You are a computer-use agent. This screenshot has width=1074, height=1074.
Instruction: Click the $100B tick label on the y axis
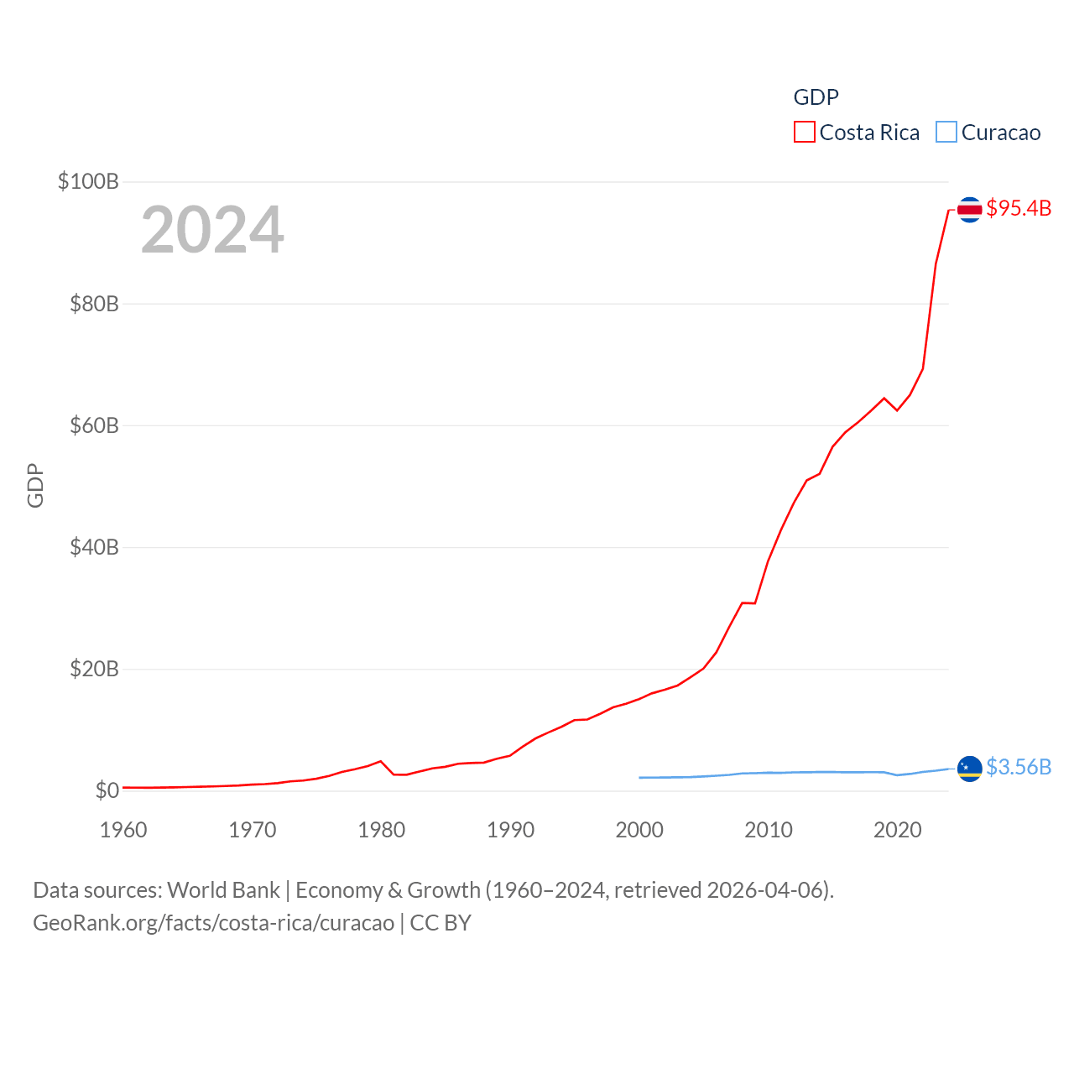[x=88, y=181]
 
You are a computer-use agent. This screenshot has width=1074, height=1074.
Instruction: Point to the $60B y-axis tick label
[x=94, y=425]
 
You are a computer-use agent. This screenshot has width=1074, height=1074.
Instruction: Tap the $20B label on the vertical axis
[x=94, y=669]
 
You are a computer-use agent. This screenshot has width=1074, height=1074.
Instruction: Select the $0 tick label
[x=107, y=790]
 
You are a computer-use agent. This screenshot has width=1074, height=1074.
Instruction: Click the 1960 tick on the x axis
[x=123, y=830]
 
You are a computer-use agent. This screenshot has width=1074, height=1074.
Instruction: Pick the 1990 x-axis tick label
[x=510, y=830]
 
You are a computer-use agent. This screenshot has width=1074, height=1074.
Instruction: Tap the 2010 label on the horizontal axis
[x=769, y=830]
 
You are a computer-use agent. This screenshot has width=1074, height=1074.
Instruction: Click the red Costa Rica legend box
[x=804, y=133]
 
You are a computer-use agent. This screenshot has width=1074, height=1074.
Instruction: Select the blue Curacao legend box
[x=946, y=133]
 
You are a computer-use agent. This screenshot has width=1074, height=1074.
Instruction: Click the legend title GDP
[x=816, y=97]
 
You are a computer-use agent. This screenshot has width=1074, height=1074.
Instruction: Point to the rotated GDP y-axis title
[x=35, y=485]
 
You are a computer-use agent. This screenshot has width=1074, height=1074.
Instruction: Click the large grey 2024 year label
[x=212, y=230]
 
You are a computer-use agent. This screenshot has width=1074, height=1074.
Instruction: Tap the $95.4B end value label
[x=1019, y=208]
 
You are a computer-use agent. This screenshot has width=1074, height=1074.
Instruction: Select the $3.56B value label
[x=1019, y=767]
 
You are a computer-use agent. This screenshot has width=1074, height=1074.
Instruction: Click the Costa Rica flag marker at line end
[x=969, y=210]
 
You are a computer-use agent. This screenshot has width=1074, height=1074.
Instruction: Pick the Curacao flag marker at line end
[x=969, y=768]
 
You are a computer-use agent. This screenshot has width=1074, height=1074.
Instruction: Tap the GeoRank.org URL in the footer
[x=213, y=923]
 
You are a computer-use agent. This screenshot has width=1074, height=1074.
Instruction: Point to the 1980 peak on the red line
[x=381, y=761]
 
